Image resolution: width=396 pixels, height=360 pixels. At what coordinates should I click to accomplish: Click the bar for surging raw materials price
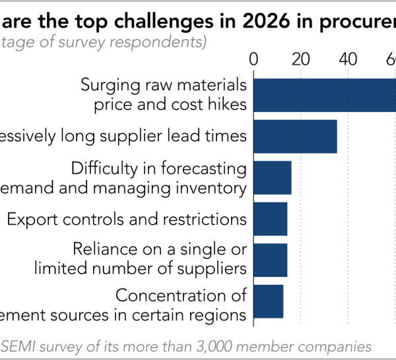point(324,95)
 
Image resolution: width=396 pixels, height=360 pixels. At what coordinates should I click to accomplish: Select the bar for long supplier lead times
point(295,136)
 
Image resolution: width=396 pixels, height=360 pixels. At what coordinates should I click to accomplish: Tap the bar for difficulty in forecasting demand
point(272,177)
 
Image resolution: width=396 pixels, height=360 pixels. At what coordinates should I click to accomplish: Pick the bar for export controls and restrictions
point(270,219)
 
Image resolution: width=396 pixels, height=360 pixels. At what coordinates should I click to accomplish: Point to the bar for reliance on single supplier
point(270,260)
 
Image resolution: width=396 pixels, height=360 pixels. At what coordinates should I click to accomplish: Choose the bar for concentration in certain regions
point(268,301)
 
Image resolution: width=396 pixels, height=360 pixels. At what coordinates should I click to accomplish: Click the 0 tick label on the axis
point(254,59)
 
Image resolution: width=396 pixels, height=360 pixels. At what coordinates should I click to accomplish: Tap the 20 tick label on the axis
point(301,59)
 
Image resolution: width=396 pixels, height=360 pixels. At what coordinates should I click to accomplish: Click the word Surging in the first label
point(106,85)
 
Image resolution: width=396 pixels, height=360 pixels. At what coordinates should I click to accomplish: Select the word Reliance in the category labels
point(100,250)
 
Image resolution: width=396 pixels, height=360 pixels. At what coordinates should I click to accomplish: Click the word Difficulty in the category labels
point(100,168)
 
